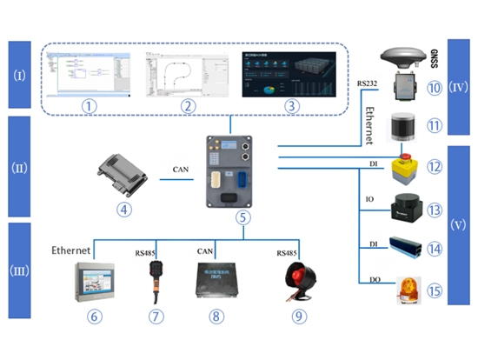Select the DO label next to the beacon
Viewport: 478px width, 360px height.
pyautogui.click(x=369, y=279)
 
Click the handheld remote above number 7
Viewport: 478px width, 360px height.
pyautogui.click(x=158, y=271)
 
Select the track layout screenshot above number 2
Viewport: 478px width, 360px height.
pyautogui.click(x=184, y=74)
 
